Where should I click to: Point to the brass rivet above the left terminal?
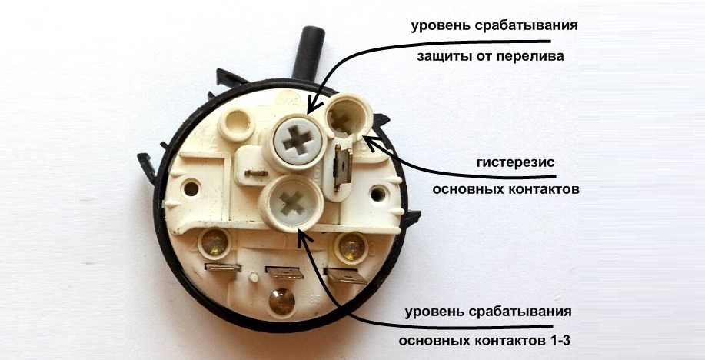[214, 245]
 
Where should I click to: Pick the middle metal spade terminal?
[281, 274]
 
